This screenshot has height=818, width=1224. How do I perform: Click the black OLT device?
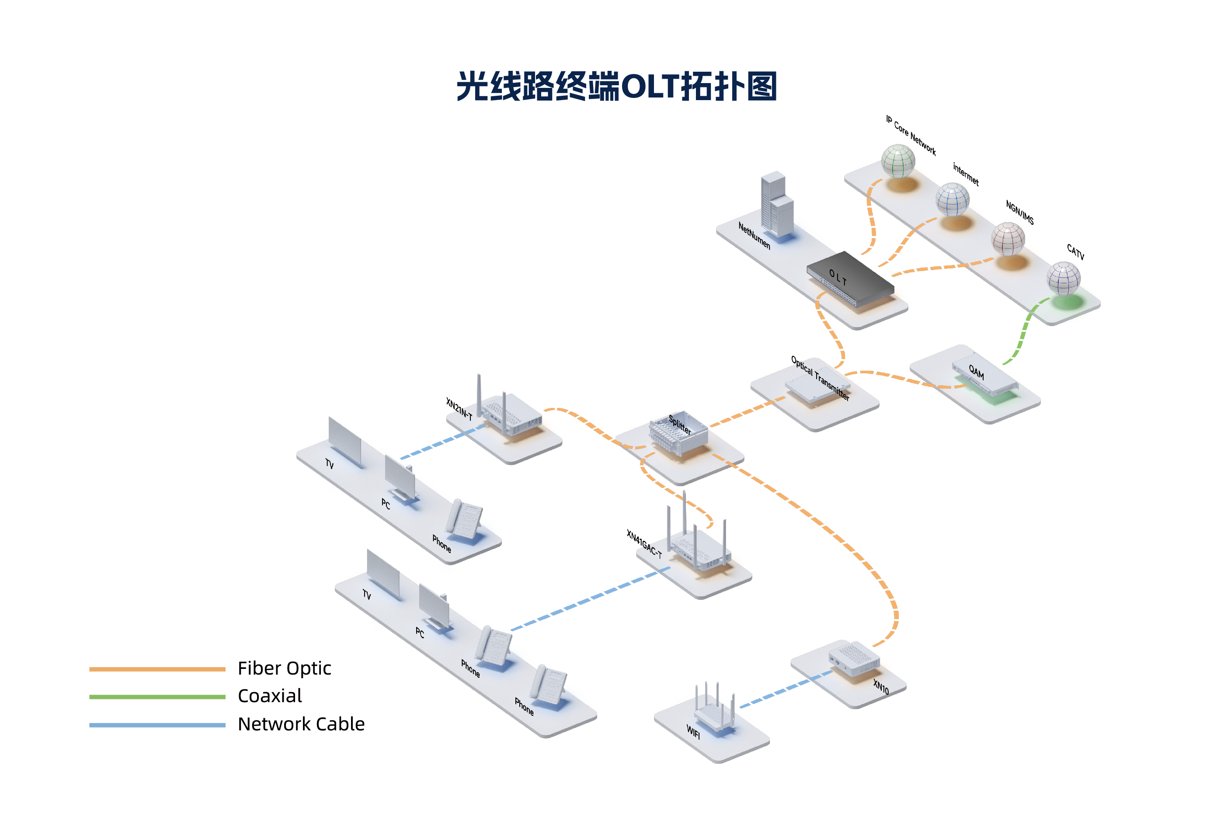point(850,279)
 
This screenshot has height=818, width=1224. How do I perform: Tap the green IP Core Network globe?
point(897,161)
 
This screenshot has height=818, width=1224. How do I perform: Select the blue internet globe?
point(952,199)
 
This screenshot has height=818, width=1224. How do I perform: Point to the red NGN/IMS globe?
point(1008,239)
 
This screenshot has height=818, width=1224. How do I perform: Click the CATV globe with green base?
point(1064,278)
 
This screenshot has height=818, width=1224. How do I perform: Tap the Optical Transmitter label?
point(820,378)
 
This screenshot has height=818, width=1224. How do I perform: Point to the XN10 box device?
point(854,660)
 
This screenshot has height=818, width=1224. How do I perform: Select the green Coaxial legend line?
point(157,696)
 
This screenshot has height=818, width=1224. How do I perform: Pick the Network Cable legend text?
point(301,724)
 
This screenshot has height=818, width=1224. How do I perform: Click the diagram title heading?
point(617,86)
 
